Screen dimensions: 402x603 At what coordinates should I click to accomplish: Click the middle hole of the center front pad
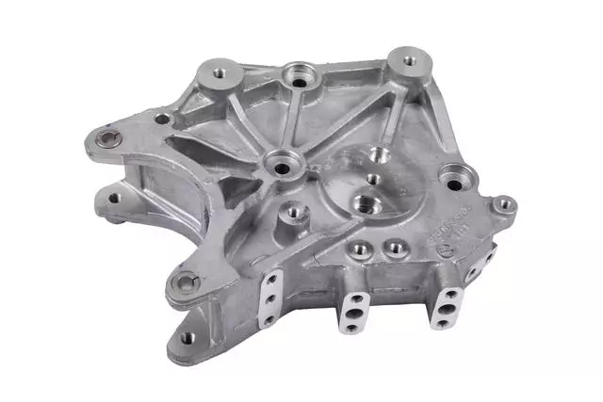[357, 313]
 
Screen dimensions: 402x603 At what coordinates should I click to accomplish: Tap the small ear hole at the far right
[505, 202]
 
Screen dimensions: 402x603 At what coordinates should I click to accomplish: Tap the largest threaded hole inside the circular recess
[363, 201]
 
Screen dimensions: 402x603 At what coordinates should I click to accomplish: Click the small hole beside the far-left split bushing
[162, 120]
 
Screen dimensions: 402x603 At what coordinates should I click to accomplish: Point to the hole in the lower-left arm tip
[115, 199]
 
